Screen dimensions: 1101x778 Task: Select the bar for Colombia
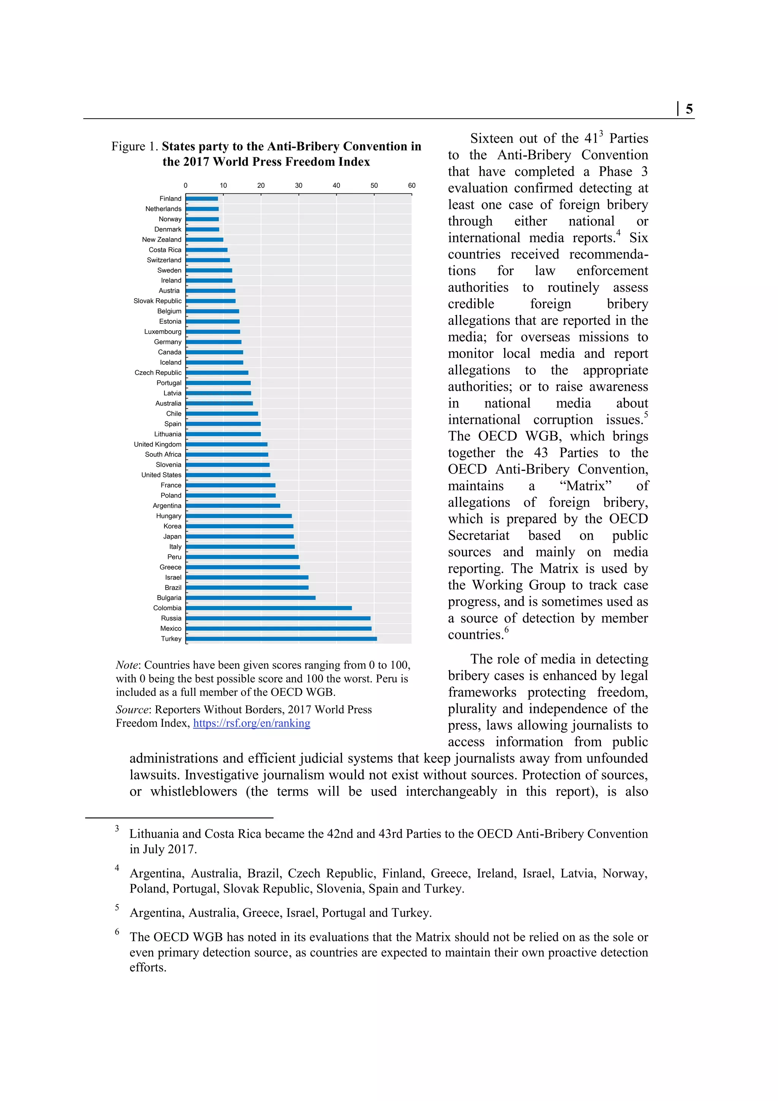[269, 608]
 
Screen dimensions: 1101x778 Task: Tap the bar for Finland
[202, 198]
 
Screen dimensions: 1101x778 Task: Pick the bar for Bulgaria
[250, 598]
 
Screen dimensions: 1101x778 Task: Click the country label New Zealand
[161, 240]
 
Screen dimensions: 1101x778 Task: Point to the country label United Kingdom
[158, 445]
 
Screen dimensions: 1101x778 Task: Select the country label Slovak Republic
[158, 301]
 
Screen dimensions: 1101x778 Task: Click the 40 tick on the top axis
[337, 185]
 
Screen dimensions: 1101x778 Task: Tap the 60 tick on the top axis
[412, 185]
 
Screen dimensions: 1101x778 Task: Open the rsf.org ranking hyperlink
[251, 723]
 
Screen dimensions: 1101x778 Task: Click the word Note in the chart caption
[127, 665]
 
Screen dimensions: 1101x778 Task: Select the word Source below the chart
[132, 710]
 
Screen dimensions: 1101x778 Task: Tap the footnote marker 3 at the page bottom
[117, 829]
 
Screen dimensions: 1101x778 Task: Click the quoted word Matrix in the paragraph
[586, 486]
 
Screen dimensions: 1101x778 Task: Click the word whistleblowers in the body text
[194, 792]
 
